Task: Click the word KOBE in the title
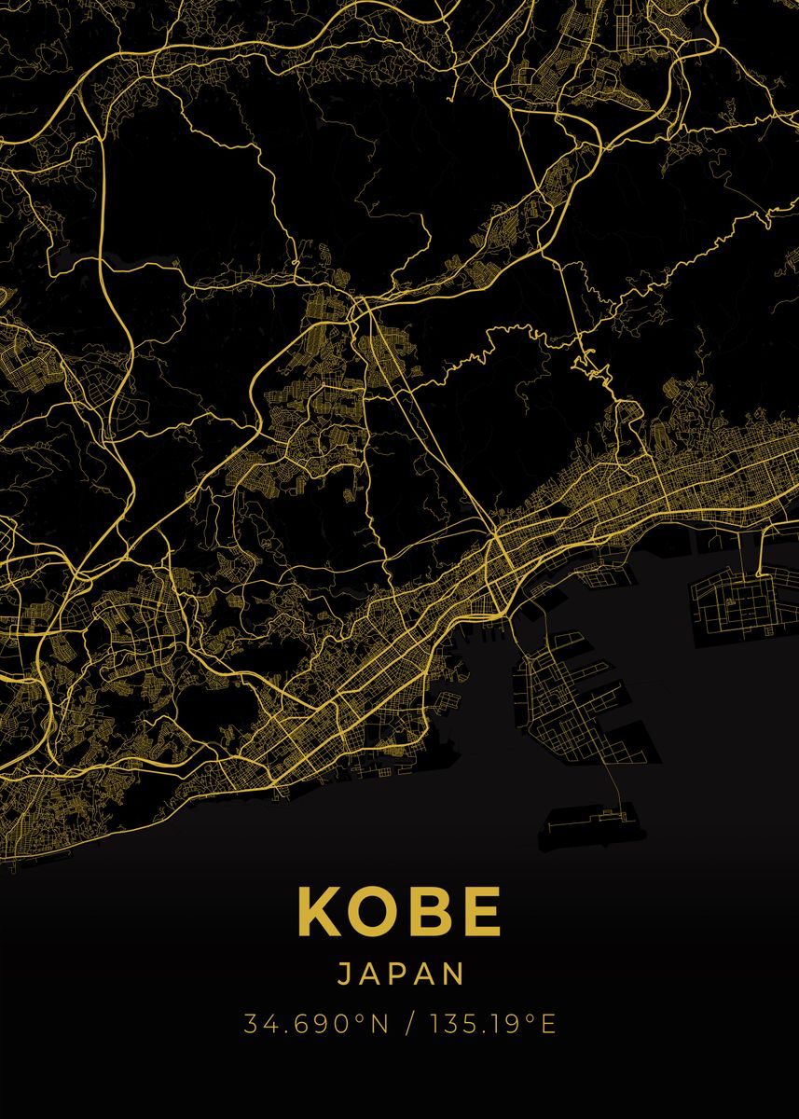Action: [x=399, y=911]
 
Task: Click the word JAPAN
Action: [x=399, y=974]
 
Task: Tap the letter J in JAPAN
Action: [x=341, y=974]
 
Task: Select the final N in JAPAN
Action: [x=454, y=974]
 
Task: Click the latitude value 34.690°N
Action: [x=316, y=1024]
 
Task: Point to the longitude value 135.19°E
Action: [x=492, y=1024]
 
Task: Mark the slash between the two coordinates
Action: [x=409, y=1024]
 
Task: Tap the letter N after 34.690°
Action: [x=379, y=1024]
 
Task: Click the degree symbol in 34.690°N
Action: [x=359, y=1017]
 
